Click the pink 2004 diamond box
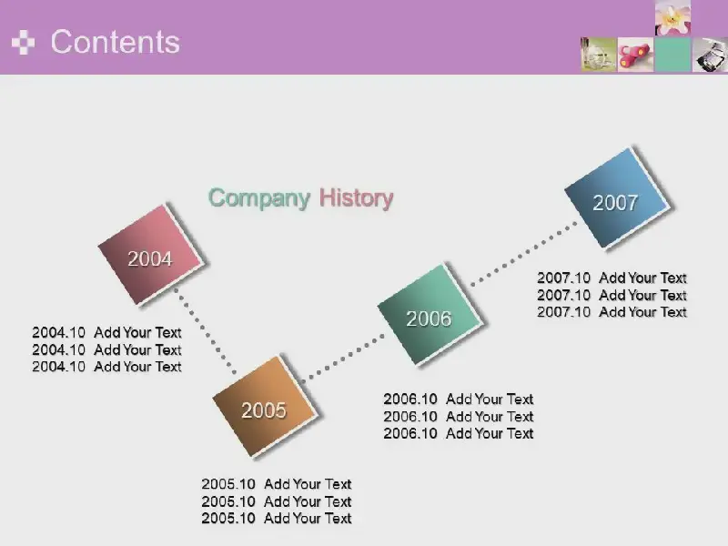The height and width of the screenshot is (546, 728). pos(151,255)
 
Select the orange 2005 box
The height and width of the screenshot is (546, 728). pos(266,407)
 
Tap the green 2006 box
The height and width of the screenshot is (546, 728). pos(430,315)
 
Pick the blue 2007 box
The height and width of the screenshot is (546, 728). pos(618,198)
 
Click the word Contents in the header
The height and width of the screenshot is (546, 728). pos(116,42)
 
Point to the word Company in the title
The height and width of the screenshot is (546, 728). pos(259,198)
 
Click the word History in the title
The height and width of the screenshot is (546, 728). pos(356,198)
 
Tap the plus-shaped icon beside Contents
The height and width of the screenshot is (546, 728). pos(24,43)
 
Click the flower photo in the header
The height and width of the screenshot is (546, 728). pos(672,17)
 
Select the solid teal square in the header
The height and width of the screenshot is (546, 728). pos(672,55)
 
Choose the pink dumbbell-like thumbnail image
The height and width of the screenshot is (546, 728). pos(635,55)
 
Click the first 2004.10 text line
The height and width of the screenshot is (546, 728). pos(106,332)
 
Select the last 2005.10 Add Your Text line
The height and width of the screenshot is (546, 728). pos(277,518)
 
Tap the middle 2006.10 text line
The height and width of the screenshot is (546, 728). pos(459,417)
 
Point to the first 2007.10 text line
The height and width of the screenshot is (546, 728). pos(612,278)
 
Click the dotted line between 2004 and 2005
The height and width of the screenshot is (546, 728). pos(205,331)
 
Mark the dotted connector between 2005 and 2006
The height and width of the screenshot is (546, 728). pos(344,358)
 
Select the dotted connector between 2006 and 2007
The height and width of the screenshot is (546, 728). pos(524,254)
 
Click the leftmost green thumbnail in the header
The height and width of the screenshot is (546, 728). pos(599,55)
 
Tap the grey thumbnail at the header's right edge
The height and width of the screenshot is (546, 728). pos(711,55)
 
